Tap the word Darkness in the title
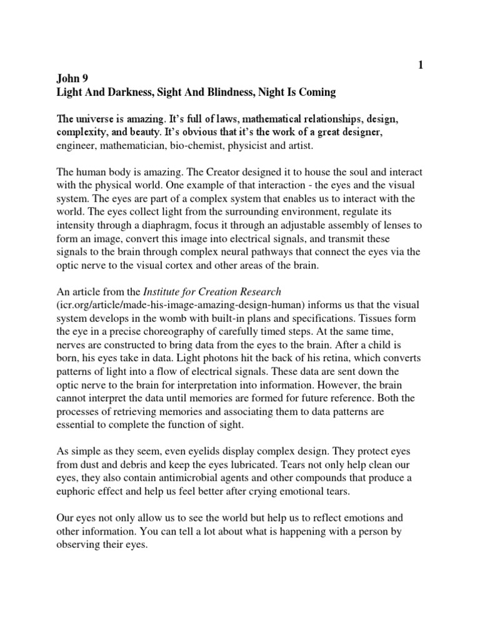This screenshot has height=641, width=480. tap(126, 93)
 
